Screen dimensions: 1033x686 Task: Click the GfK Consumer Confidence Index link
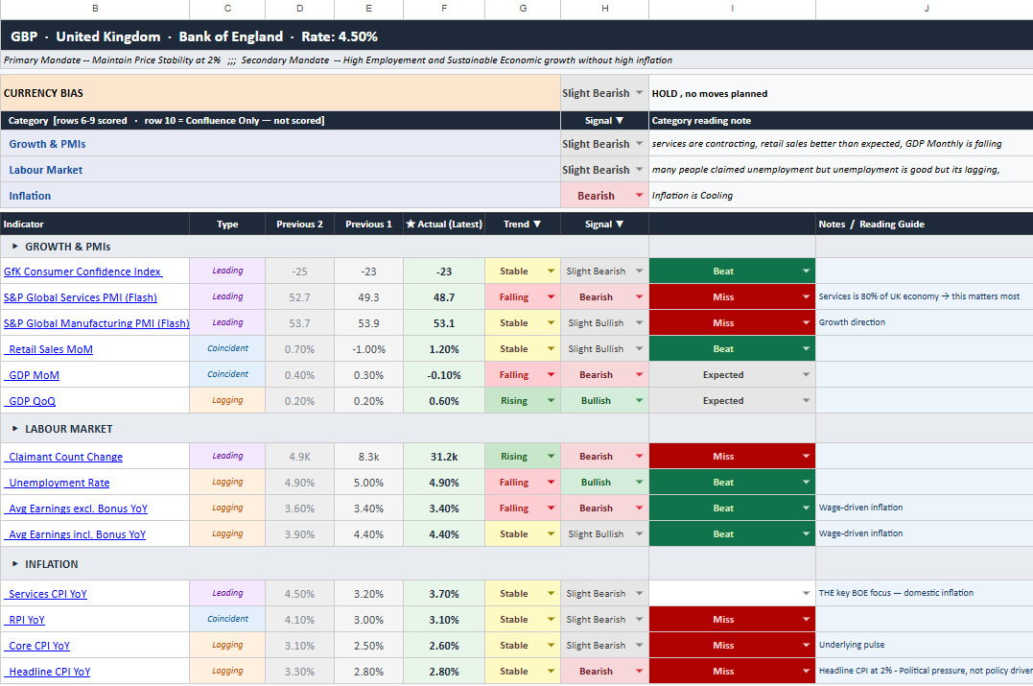pyautogui.click(x=82, y=272)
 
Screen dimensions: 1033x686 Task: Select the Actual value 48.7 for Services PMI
pyautogui.click(x=443, y=297)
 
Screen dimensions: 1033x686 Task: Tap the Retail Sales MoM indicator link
pyautogui.click(x=51, y=349)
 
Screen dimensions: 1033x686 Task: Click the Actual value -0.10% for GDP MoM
pyautogui.click(x=443, y=375)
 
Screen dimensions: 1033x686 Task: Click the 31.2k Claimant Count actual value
pyautogui.click(x=443, y=457)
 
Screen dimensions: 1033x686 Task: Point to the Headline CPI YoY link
pyautogui.click(x=50, y=672)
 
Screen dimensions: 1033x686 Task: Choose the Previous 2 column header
pyautogui.click(x=299, y=225)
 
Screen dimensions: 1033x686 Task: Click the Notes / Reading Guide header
pyautogui.click(x=871, y=225)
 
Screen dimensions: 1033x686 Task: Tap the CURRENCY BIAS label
pyautogui.click(x=43, y=93)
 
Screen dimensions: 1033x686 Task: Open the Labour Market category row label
pyautogui.click(x=45, y=170)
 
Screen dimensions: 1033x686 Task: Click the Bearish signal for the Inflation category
pyautogui.click(x=596, y=196)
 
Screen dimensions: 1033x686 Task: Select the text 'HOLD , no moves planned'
pyautogui.click(x=710, y=94)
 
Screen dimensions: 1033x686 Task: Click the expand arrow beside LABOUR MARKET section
pyautogui.click(x=15, y=429)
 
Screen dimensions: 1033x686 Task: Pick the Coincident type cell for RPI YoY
pyautogui.click(x=227, y=619)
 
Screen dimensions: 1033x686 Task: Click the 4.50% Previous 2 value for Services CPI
pyautogui.click(x=299, y=594)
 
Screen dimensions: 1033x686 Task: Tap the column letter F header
pyautogui.click(x=443, y=9)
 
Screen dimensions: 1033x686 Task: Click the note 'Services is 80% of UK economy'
pyautogui.click(x=879, y=296)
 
